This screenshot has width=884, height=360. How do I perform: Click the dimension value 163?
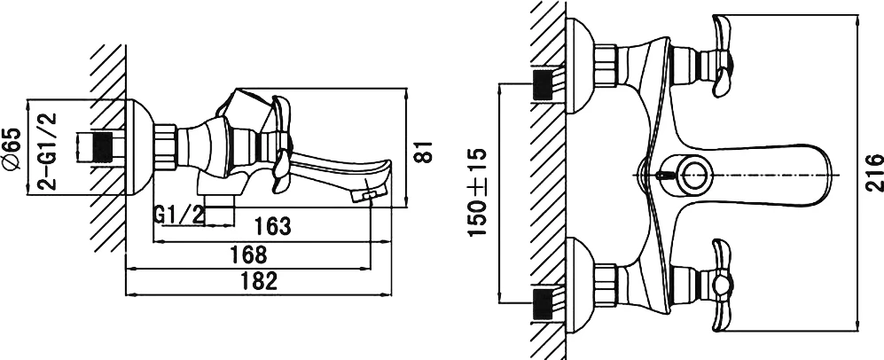(x=273, y=226)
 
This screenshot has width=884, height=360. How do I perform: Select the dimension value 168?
(x=248, y=254)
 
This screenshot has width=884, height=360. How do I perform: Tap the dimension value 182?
(x=258, y=280)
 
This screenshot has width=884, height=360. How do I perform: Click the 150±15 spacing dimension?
(x=477, y=192)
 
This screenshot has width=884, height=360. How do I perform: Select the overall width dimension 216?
(x=874, y=173)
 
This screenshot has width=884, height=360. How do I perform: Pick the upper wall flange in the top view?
(x=580, y=66)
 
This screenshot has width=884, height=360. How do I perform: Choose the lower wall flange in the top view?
(x=580, y=286)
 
